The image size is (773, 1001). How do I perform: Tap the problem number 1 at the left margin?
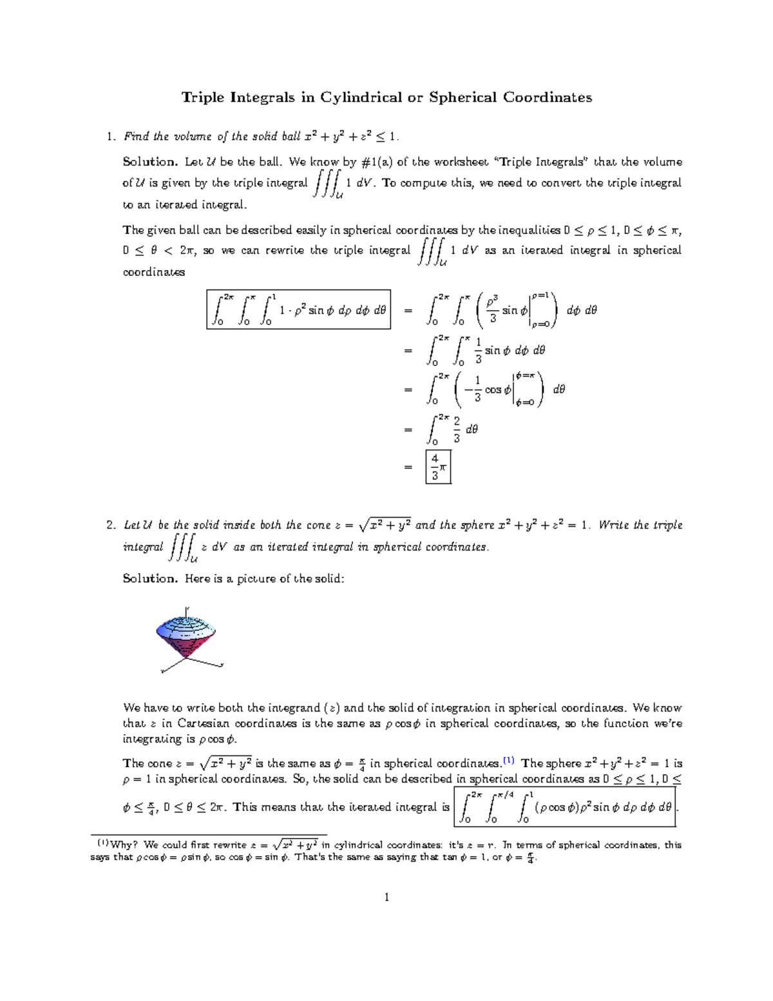tap(110, 137)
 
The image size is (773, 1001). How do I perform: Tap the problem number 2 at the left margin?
tap(110, 525)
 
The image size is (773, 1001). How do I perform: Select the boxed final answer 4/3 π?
tap(438, 466)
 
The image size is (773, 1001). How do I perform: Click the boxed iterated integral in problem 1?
tap(298, 310)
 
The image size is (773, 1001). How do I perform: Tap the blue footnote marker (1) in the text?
tap(508, 760)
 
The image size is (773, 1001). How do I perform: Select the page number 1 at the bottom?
tap(386, 897)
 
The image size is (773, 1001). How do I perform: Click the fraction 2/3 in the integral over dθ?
tap(456, 429)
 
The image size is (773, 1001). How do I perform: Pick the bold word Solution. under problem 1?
tap(149, 162)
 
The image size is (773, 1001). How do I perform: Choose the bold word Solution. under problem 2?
tap(149, 579)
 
